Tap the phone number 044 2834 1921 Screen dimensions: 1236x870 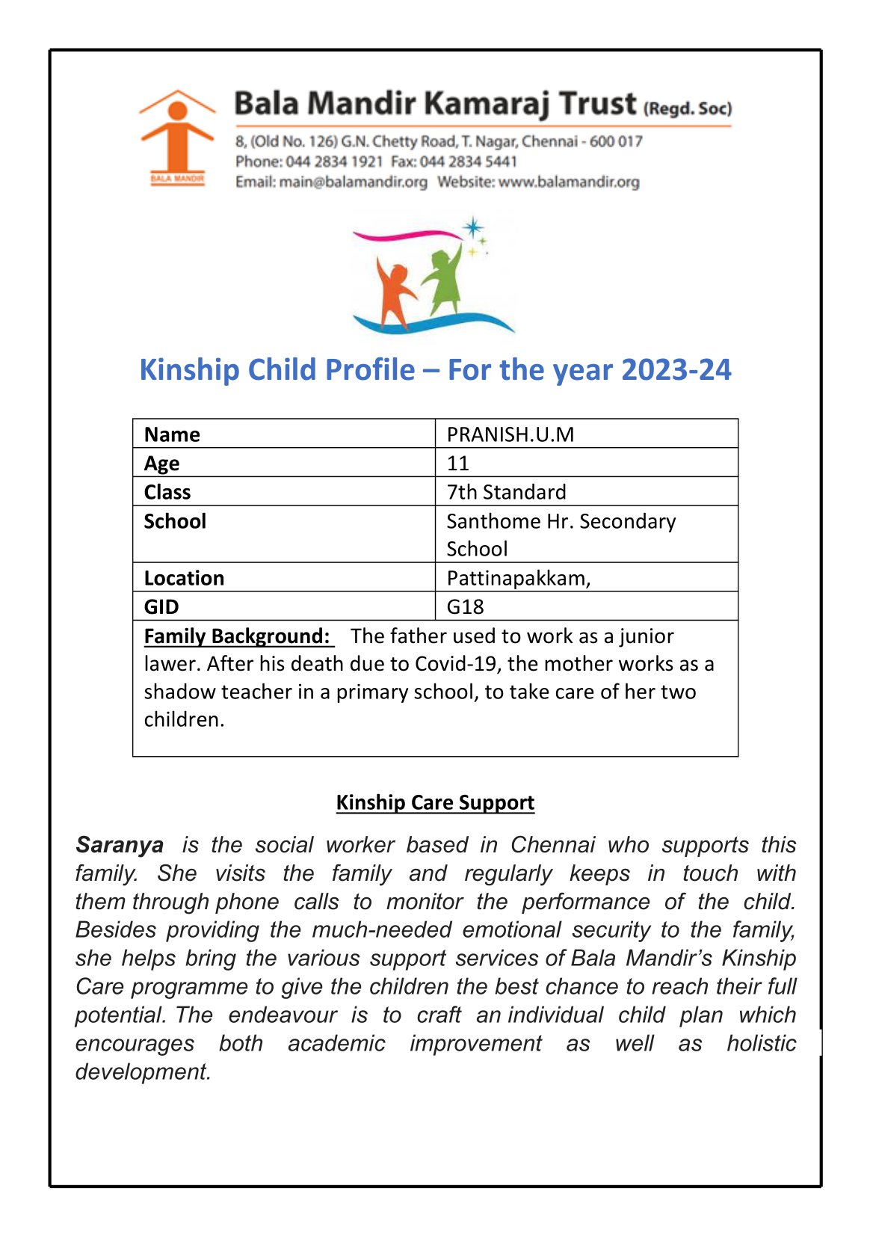(x=334, y=162)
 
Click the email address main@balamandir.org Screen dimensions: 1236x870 (x=353, y=182)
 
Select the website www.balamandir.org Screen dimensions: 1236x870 (x=569, y=182)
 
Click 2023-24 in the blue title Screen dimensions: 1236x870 (x=676, y=370)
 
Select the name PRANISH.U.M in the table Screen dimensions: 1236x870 (x=510, y=434)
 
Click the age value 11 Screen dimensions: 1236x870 (x=458, y=464)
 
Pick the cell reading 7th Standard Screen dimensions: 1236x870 (x=506, y=492)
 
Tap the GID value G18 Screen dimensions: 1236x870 (x=465, y=606)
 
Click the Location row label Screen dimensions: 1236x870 (x=184, y=578)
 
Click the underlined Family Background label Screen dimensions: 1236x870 (x=237, y=636)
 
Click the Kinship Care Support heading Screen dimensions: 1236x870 (x=435, y=802)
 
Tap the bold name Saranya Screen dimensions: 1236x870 (x=120, y=845)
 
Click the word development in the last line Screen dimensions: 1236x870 (x=142, y=1071)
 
